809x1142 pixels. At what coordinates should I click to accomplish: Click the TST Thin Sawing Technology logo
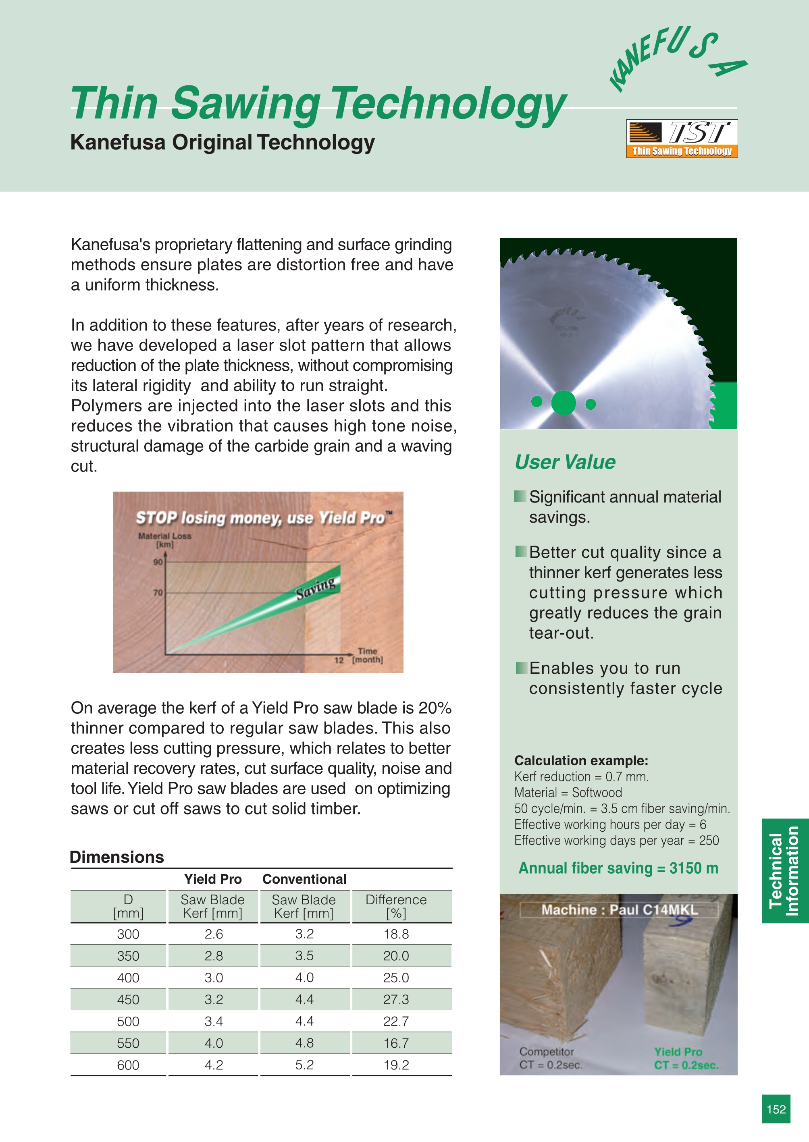coord(682,139)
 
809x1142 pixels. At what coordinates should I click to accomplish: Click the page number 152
coord(776,1109)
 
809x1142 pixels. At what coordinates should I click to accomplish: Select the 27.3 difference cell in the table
coord(396,1000)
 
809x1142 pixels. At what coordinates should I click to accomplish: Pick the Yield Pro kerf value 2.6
coord(214,934)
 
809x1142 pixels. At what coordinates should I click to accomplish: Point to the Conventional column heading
coord(304,879)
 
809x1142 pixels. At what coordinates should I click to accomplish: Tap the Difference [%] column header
coord(396,906)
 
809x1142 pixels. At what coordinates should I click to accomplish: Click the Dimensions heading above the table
coord(117,857)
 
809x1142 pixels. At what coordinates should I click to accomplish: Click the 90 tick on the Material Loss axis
coord(158,562)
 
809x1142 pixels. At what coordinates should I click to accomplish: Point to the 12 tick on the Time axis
coord(339,660)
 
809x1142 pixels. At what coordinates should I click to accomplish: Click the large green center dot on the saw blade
coord(564,403)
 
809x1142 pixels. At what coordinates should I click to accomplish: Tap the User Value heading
coord(565,462)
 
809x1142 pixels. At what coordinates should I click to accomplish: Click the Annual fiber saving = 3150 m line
coord(618,868)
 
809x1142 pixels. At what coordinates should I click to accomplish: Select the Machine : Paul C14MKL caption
coord(619,910)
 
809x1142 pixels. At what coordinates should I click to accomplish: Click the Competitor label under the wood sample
coord(547,1051)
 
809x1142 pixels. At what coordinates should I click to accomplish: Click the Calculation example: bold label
coord(581,760)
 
